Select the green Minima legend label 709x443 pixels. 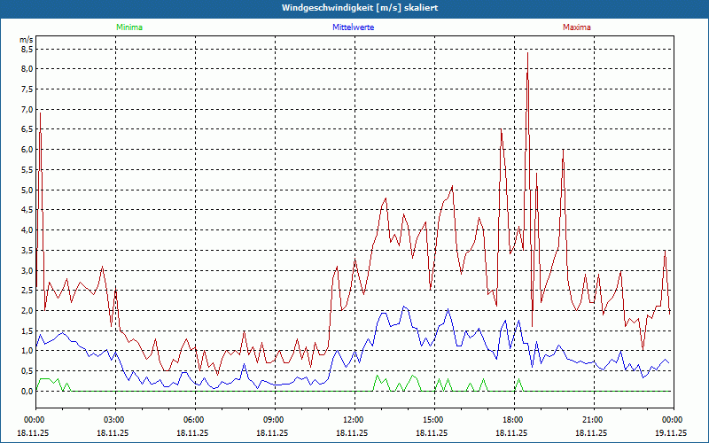(129, 27)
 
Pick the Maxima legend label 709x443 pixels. (577, 27)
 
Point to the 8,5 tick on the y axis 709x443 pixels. (27, 49)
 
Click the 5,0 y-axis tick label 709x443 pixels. (27, 190)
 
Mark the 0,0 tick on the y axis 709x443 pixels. (27, 391)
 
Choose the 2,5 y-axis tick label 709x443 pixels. (27, 291)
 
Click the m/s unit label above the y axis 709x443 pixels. (27, 40)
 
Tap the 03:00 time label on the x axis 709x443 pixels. (114, 419)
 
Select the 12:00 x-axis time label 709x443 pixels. (354, 419)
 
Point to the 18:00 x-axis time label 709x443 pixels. (513, 419)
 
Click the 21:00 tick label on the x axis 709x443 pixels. (593, 419)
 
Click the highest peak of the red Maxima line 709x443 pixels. (527, 53)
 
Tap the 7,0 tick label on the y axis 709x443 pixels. (27, 109)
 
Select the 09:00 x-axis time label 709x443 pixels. (274, 419)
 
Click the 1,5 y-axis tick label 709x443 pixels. (27, 330)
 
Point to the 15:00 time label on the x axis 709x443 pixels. (433, 419)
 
